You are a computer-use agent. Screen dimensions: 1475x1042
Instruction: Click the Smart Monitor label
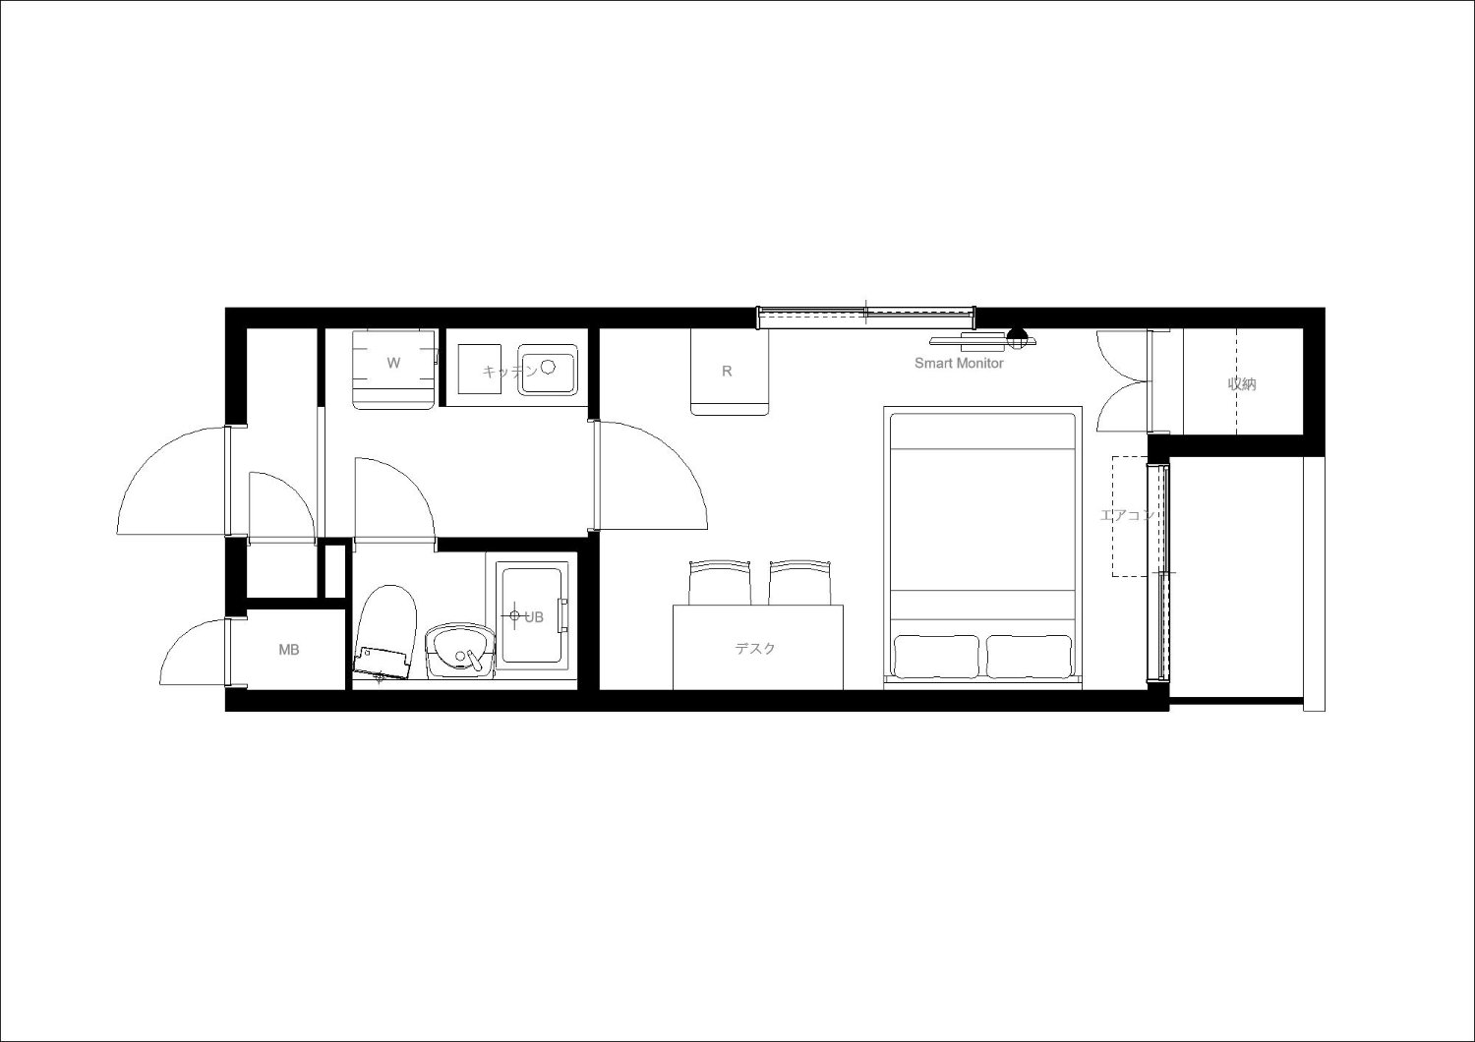(x=959, y=363)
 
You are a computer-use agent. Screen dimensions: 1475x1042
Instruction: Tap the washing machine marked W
(x=394, y=370)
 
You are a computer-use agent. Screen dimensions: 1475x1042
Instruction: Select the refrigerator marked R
(x=729, y=373)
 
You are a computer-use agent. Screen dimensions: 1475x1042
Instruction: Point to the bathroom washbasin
(x=459, y=652)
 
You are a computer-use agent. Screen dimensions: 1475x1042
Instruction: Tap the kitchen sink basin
(x=547, y=370)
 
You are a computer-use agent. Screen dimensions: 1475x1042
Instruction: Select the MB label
(x=289, y=651)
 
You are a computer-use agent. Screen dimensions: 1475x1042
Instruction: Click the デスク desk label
(x=755, y=649)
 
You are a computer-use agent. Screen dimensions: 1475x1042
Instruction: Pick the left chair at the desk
(x=720, y=582)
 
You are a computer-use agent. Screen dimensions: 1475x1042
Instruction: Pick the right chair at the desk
(x=799, y=582)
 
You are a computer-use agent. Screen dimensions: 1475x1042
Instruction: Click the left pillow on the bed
(x=936, y=657)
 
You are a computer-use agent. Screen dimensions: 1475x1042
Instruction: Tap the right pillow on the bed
(x=1030, y=657)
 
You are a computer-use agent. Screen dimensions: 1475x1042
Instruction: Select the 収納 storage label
(x=1242, y=383)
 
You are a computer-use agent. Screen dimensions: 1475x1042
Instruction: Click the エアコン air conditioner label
(x=1127, y=515)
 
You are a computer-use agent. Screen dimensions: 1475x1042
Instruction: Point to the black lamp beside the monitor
(x=1017, y=338)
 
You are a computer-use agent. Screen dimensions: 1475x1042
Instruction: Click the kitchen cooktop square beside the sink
(x=480, y=370)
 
